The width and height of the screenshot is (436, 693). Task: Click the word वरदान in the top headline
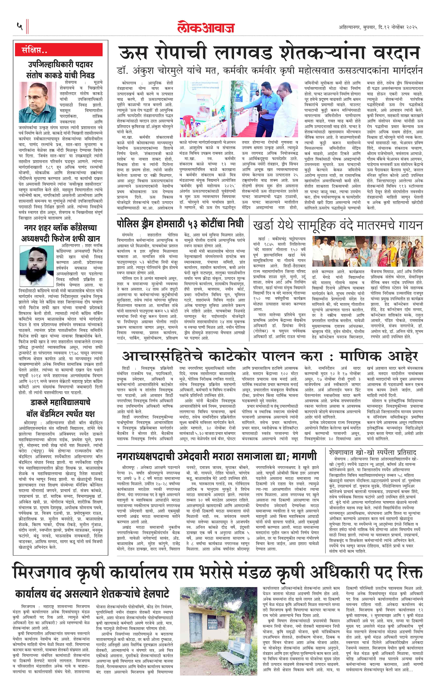point(396,53)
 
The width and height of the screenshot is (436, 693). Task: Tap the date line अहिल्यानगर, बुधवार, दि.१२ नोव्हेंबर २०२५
point(378,27)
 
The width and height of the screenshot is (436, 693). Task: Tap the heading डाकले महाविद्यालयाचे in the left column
point(60,402)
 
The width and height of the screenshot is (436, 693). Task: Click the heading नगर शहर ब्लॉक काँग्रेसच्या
point(60,228)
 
